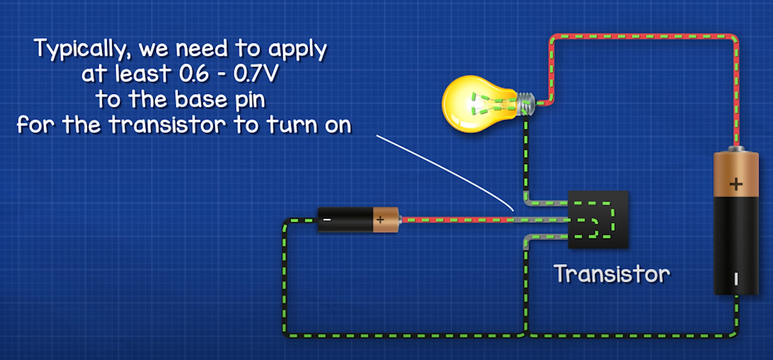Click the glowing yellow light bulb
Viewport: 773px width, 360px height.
coord(477,103)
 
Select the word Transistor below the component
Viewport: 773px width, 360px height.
coord(612,274)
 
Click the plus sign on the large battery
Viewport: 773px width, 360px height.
coord(736,184)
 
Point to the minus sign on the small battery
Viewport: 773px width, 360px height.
coord(327,220)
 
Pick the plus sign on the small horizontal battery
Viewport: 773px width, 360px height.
coord(380,220)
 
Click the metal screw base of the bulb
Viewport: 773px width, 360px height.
coord(526,103)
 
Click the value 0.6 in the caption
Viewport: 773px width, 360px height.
coord(194,74)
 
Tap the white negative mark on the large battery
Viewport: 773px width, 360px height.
coord(736,279)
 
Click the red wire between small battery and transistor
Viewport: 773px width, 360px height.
coord(453,220)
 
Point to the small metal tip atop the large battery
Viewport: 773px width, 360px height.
coord(736,149)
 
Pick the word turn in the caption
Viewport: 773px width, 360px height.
coord(292,125)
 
